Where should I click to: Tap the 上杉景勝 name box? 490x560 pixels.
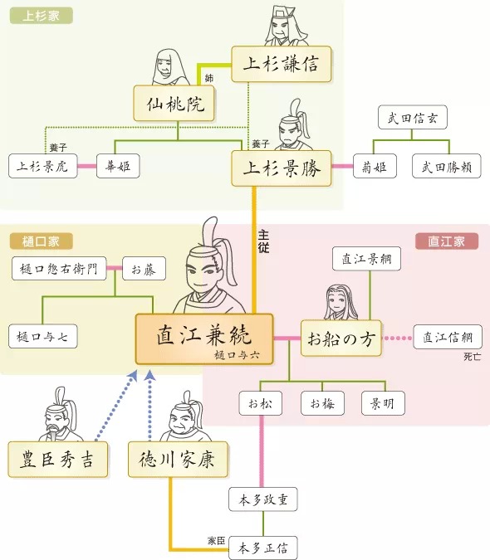[x=281, y=165]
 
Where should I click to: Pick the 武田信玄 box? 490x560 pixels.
[x=411, y=118]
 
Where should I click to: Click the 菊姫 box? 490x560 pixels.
[x=374, y=166]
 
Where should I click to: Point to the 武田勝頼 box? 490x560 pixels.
[x=447, y=166]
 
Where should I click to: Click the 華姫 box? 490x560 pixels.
[x=117, y=166]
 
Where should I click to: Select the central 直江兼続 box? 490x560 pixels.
[x=204, y=338]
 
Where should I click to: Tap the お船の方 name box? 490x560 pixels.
[x=341, y=338]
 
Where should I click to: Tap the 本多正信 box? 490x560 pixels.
[x=263, y=548]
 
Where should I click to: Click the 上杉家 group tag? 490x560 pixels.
[x=41, y=16]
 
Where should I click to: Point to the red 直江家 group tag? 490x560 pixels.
[x=446, y=241]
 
